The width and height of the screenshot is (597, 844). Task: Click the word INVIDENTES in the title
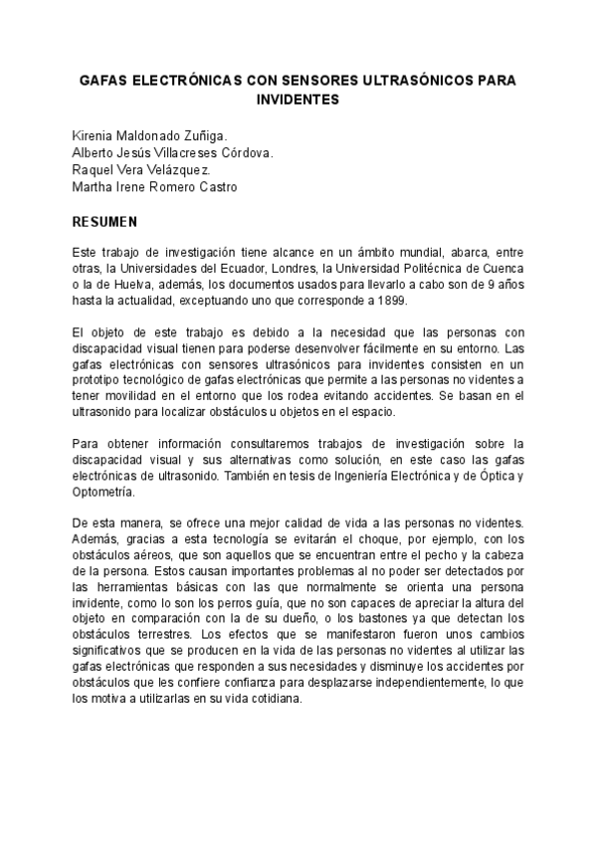(298, 100)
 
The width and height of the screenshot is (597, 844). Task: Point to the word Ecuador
(256, 269)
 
